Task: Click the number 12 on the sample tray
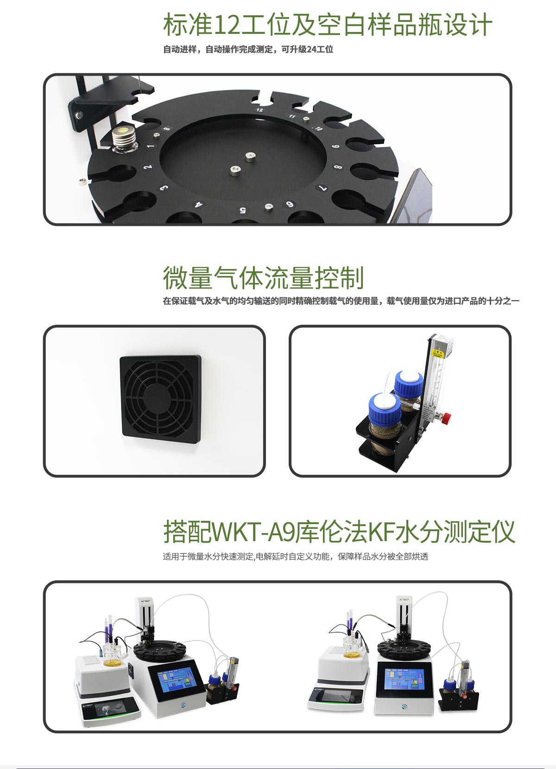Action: point(259,110)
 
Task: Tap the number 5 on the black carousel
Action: point(242,210)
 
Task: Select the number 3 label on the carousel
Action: point(164,188)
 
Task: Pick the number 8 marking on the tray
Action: point(338,167)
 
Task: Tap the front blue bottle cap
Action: point(384,406)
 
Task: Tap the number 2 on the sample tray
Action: point(148,167)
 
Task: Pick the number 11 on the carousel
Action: point(292,116)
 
